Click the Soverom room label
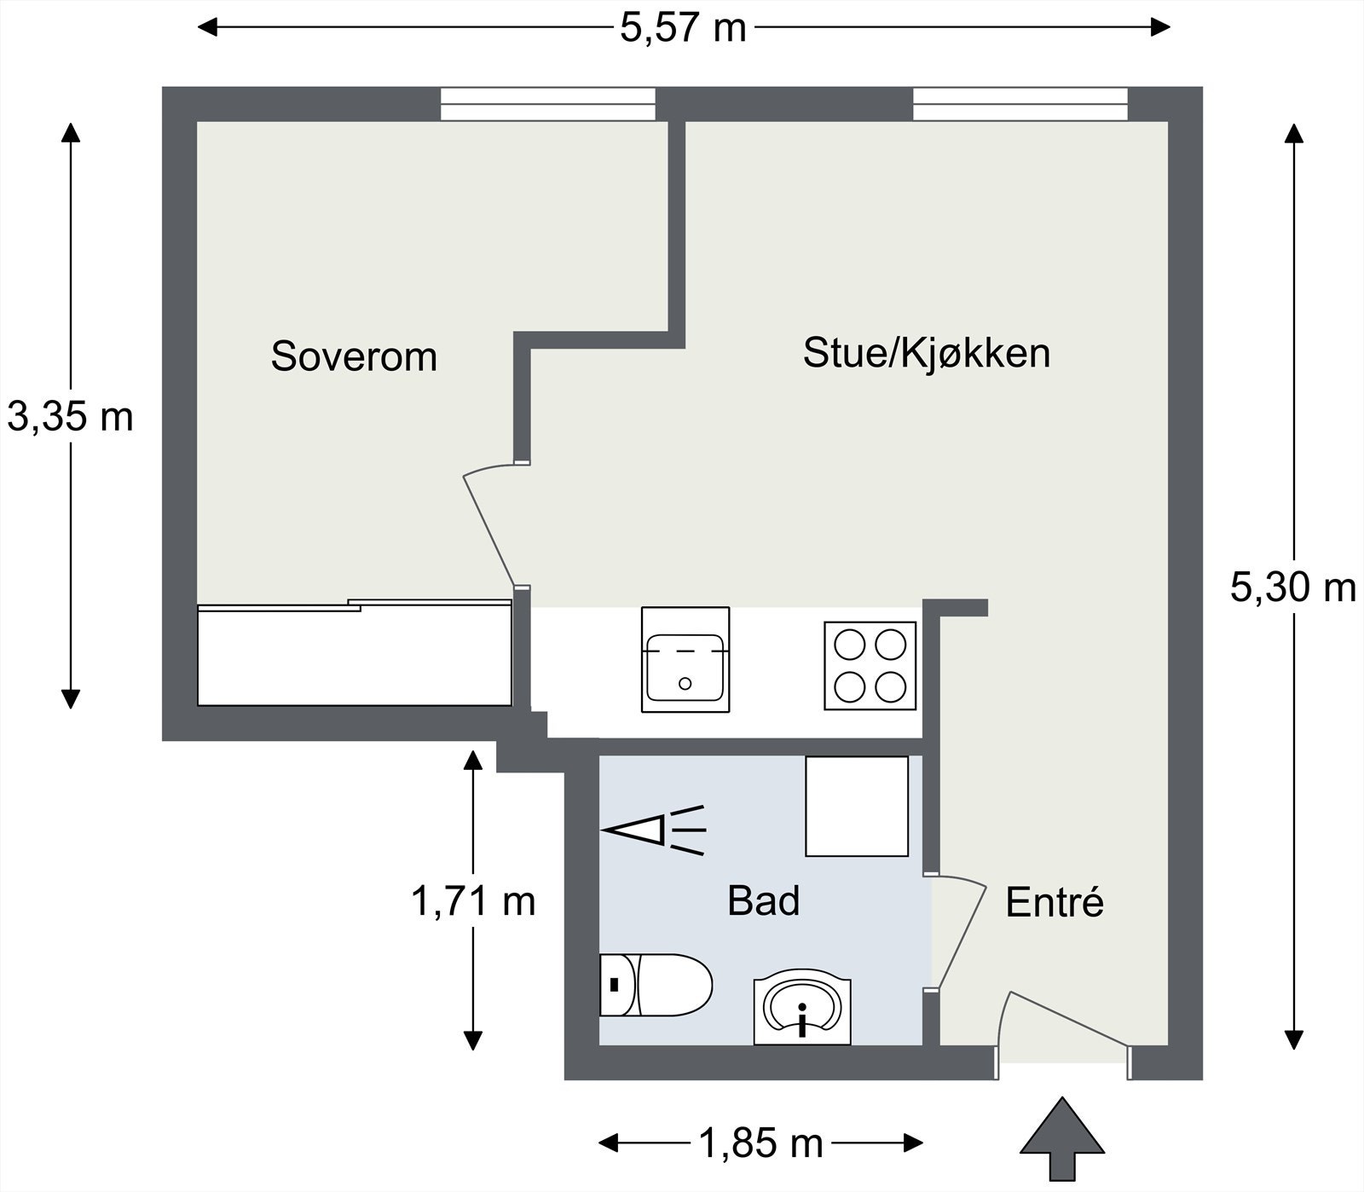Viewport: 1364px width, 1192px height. point(354,356)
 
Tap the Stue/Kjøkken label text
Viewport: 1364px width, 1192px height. point(926,353)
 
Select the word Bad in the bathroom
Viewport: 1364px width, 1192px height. point(763,900)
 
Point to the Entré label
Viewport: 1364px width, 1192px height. point(1055,902)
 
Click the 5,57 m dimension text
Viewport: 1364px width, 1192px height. point(683,28)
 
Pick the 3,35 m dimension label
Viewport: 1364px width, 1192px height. point(71,417)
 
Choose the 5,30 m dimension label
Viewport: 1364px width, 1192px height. point(1292,587)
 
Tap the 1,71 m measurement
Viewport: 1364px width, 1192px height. point(473,900)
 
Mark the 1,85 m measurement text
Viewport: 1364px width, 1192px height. point(760,1143)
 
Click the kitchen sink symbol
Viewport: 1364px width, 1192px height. point(685,660)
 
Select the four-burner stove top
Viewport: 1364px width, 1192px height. point(870,666)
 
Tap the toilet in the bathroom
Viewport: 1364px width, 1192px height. point(655,985)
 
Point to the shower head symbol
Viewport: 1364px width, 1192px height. point(653,830)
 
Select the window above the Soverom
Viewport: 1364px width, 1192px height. point(548,104)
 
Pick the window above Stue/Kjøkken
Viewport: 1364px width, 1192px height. point(1020,104)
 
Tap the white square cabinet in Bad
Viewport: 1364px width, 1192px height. point(857,806)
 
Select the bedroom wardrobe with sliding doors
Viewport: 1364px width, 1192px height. point(354,655)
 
